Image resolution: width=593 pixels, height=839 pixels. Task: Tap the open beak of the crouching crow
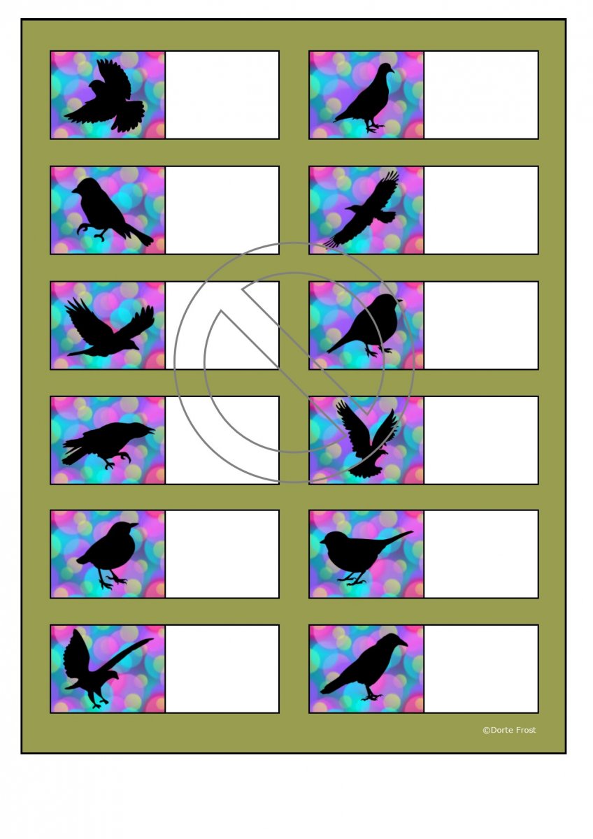[150, 430]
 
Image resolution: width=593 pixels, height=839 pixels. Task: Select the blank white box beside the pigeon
[481, 95]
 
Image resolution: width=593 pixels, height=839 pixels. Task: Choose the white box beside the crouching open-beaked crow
[222, 440]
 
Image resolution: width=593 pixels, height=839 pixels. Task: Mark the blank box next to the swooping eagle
[222, 668]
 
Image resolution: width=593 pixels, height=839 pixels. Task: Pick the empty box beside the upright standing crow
[481, 668]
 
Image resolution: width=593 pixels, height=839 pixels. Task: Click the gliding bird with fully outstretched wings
[362, 210]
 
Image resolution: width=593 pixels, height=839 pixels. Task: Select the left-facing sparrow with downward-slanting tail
[111, 210]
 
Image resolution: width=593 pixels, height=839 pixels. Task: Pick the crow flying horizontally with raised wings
[109, 327]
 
